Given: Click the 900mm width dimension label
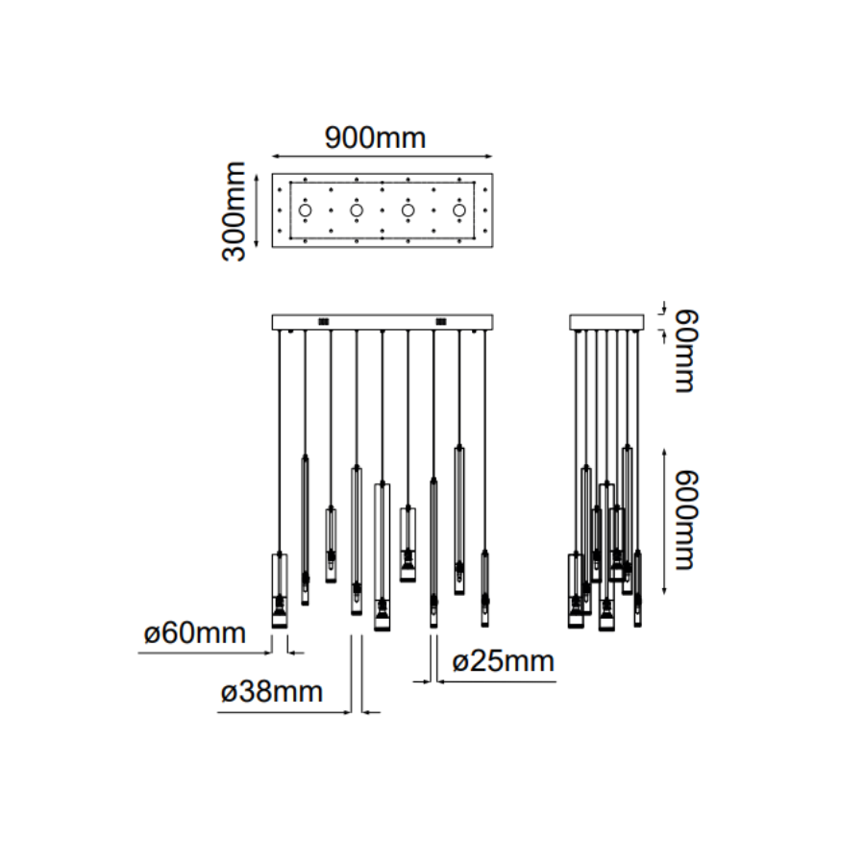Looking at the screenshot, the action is [x=375, y=137].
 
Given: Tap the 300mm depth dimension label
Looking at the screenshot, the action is [x=234, y=211].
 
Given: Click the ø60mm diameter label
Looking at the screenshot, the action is [x=195, y=632].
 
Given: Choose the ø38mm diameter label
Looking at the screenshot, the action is [x=272, y=692].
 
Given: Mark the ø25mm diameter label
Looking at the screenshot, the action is [x=503, y=661].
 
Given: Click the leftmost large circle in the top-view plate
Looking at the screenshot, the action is [x=305, y=210].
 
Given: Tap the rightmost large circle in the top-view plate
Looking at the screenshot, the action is [x=459, y=210].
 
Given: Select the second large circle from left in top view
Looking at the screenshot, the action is [x=357, y=210].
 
